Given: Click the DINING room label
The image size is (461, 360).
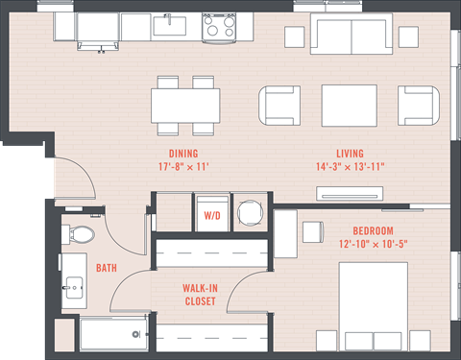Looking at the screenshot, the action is coord(183,154).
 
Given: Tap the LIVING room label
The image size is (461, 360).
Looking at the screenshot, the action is coord(350,154).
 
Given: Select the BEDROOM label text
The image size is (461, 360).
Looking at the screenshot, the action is coord(373,230).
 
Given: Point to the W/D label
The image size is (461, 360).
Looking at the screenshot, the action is coord(212,216).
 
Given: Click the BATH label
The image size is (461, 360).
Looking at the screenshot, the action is coord(107,268).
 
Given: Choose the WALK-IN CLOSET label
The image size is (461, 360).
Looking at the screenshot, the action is coord(200,295).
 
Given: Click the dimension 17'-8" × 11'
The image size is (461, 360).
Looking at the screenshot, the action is coord(183,167).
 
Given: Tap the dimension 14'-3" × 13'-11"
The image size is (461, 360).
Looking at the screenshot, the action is coord(351,167).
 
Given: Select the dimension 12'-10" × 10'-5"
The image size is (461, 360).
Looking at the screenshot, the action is coord(374,244).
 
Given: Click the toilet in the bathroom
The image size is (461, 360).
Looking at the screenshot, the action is coord(79,233).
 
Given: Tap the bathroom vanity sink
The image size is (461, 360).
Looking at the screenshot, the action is coord(74,288).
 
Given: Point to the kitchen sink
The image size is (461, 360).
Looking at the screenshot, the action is coord(170,26).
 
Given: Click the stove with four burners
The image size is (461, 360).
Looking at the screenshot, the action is coord(219,28).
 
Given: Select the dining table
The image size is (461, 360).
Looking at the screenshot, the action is coord(185,106).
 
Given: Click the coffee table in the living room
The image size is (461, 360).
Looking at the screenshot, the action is coord(350,106).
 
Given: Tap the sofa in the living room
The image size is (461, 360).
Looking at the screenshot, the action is coord(352,34).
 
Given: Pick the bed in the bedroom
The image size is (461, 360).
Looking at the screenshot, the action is coord(374,306).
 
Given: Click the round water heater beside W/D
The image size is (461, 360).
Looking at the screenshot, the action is coord(250,213).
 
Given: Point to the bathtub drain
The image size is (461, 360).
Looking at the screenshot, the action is coord(136,334).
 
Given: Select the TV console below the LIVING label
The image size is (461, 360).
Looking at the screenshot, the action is coord(350,194).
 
